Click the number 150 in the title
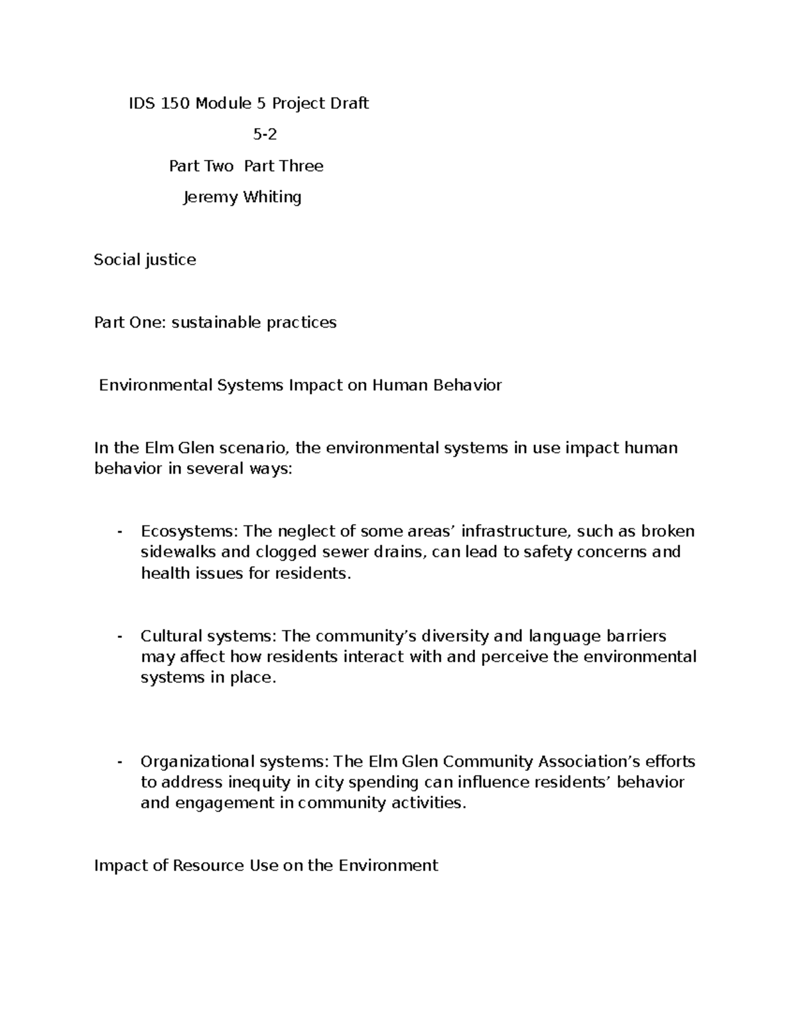point(174,103)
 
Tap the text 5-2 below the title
point(265,135)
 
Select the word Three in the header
point(301,166)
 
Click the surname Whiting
point(273,197)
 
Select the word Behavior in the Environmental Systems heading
point(468,385)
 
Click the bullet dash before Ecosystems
point(119,531)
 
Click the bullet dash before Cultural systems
point(119,636)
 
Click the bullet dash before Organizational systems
point(119,761)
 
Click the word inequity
point(259,782)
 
